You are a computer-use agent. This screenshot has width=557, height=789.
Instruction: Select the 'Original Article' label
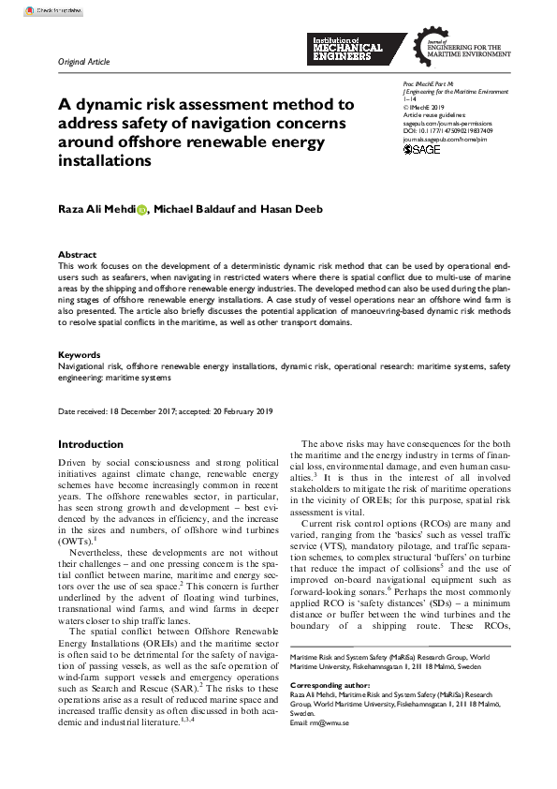84,62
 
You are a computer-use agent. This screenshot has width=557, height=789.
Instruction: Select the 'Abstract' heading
77,255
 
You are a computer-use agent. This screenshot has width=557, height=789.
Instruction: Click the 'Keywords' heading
80,354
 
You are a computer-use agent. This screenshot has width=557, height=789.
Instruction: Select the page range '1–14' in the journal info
409,99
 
